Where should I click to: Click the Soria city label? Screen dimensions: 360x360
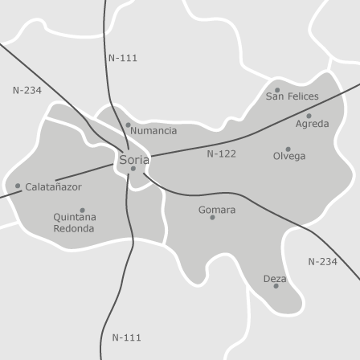pyautogui.click(x=134, y=159)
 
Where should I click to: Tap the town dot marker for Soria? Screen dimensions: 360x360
pyautogui.click(x=133, y=169)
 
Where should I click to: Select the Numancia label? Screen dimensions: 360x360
pyautogui.click(x=153, y=130)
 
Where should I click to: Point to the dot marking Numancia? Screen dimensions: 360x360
pyautogui.click(x=128, y=125)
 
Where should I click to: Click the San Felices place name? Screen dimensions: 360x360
pyautogui.click(x=292, y=96)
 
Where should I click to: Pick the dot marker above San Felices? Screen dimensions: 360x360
pyautogui.click(x=277, y=90)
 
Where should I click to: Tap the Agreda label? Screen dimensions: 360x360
pyautogui.click(x=312, y=124)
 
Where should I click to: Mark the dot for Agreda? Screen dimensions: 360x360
pyautogui.click(x=309, y=116)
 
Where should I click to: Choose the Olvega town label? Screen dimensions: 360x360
pyautogui.click(x=289, y=157)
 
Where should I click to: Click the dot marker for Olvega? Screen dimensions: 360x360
pyautogui.click(x=288, y=149)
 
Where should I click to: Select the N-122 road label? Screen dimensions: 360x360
pyautogui.click(x=221, y=153)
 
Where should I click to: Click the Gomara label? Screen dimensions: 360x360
pyautogui.click(x=217, y=210)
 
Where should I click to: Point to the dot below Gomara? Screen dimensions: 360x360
pyautogui.click(x=213, y=217)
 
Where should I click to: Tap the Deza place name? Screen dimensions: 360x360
pyautogui.click(x=275, y=278)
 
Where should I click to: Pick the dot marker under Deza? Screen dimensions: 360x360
pyautogui.click(x=276, y=286)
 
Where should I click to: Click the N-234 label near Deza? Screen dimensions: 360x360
pyautogui.click(x=322, y=261)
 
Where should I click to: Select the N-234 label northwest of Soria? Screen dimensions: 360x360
pyautogui.click(x=27, y=91)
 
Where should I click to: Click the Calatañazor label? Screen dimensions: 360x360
pyautogui.click(x=53, y=186)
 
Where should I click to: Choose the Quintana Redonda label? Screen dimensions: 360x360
pyautogui.click(x=74, y=223)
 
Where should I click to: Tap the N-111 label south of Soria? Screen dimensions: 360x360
pyautogui.click(x=126, y=337)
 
